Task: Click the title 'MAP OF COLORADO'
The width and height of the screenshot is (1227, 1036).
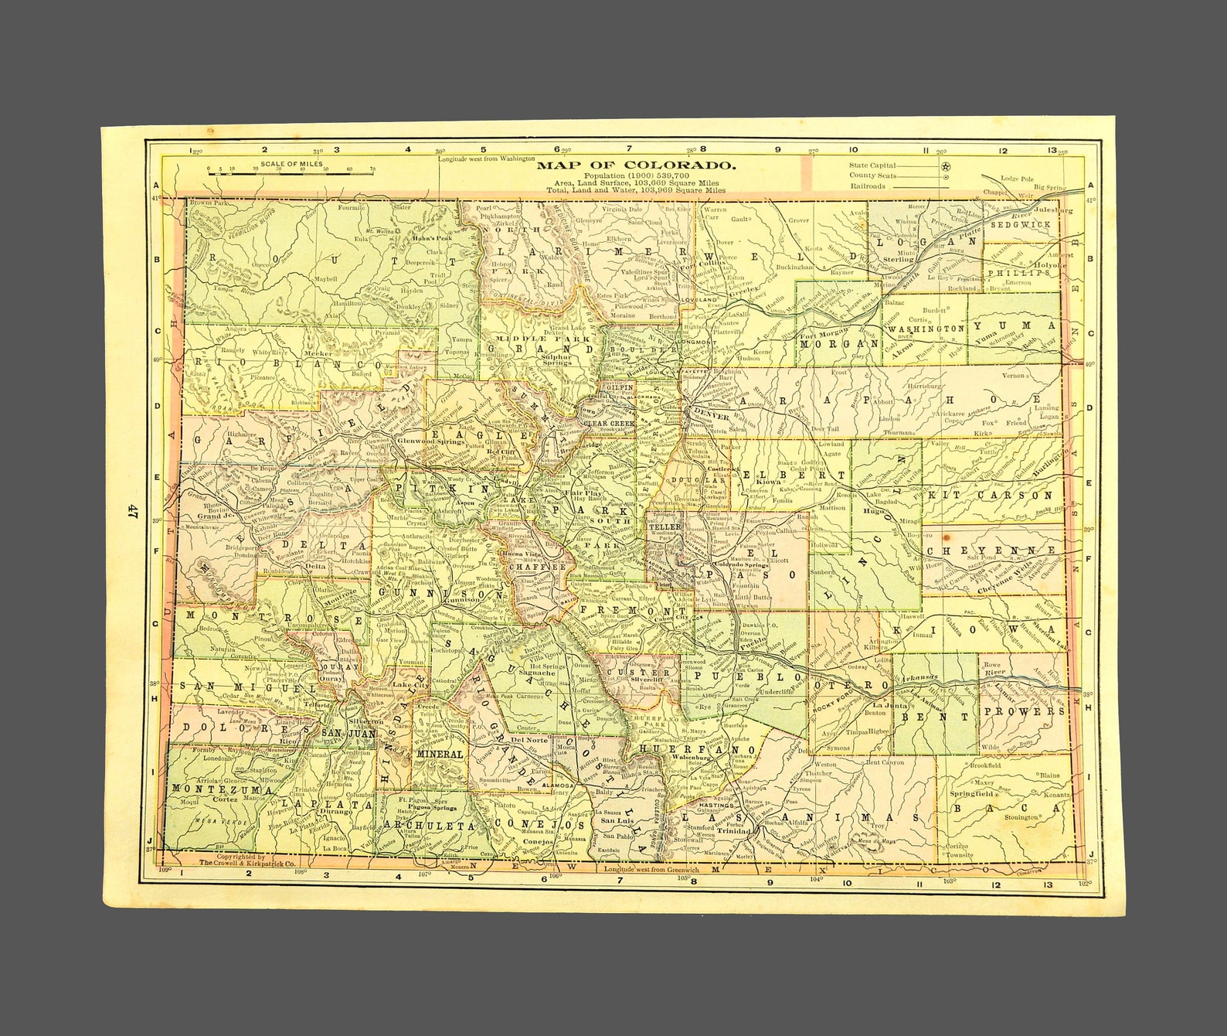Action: pos(635,165)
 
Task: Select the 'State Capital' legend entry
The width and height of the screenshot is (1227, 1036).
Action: pos(872,165)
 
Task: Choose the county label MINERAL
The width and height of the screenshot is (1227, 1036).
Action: pos(439,753)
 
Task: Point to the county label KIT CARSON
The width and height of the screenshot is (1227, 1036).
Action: pos(991,495)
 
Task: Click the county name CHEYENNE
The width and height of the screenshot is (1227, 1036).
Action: pos(991,550)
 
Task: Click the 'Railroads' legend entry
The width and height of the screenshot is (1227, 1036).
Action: pos(868,186)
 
